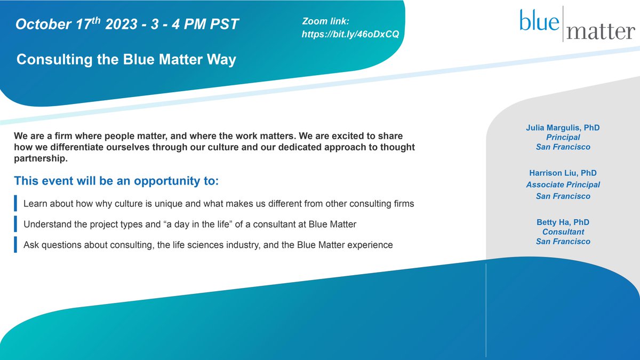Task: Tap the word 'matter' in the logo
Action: coord(601,32)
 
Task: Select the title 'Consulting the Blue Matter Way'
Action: coord(126,60)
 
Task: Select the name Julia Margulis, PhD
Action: coord(563,127)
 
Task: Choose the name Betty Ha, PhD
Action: coord(563,222)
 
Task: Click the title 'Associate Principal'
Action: coord(563,185)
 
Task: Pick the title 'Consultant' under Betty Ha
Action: coord(563,231)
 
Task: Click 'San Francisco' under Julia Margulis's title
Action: coord(563,147)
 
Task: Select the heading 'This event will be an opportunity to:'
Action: coord(116,180)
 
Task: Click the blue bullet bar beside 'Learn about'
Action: coord(16,204)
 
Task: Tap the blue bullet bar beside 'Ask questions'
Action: coord(16,245)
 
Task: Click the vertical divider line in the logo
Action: coord(563,25)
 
